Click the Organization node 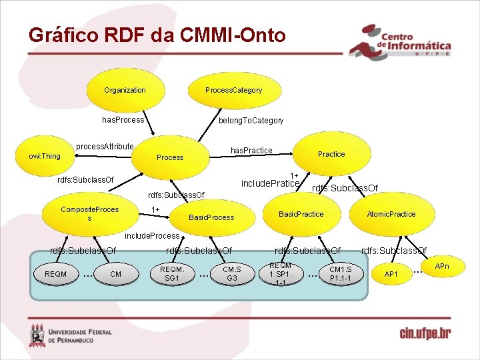tap(125, 90)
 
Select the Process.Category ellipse tap(233, 90)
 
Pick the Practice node tap(331, 154)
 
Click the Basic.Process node tap(211, 217)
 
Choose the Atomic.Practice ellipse tap(391, 214)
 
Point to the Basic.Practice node tap(301, 214)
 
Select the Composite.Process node tap(89, 214)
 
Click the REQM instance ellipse tap(55, 273)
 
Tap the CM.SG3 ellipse tap(231, 273)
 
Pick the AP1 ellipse tap(391, 274)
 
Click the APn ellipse tap(442, 266)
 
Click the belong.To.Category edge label tap(251, 121)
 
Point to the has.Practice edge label tap(251, 151)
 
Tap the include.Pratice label tap(270, 183)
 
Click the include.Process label tap(152, 236)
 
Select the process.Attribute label tap(105, 146)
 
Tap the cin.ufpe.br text tap(425, 333)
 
